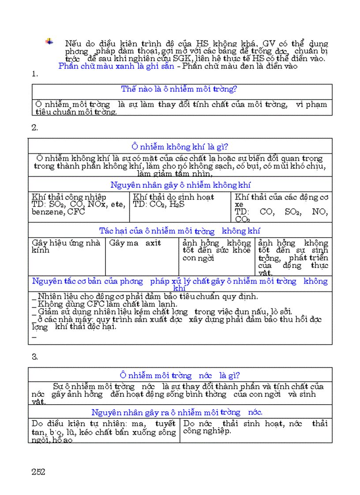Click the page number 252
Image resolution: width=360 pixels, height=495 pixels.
[38, 471]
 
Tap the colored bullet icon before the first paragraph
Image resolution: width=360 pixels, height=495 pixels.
[49, 41]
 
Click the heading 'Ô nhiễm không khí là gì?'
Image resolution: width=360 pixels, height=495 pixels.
[180, 147]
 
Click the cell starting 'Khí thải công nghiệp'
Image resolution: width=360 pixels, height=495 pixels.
[79, 205]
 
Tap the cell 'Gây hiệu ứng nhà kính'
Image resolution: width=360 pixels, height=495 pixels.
[66, 246]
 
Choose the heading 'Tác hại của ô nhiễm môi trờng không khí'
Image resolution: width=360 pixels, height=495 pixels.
[180, 231]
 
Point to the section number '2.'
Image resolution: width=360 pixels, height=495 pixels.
[35, 128]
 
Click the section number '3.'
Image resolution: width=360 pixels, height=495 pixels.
[35, 357]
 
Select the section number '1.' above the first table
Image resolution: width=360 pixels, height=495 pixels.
[35, 74]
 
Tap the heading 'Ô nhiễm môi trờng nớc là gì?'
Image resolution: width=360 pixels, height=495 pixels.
[180, 376]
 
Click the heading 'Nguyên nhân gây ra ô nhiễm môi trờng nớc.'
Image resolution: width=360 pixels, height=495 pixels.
[177, 413]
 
